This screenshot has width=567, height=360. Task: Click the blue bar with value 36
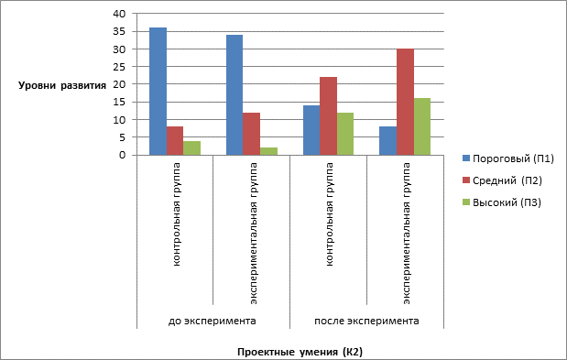[x=158, y=91]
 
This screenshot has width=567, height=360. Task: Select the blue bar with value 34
[x=234, y=94]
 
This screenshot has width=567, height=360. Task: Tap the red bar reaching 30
[x=405, y=102]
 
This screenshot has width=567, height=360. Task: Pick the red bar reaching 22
[x=328, y=116]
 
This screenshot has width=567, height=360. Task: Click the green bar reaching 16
[x=422, y=126]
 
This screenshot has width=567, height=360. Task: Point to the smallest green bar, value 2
[x=268, y=151]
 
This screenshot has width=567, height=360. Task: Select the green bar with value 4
[x=192, y=147]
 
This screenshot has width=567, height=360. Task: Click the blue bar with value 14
[x=311, y=130]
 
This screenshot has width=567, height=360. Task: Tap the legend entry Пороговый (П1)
[x=508, y=158]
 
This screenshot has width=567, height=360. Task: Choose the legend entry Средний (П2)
[x=502, y=180]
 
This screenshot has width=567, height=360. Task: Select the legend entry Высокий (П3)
[x=502, y=202]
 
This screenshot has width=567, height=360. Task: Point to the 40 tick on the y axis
[x=119, y=14]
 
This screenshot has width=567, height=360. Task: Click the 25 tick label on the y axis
[x=119, y=67]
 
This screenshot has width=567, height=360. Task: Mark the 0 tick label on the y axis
[x=123, y=155]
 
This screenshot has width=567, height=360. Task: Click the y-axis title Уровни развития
[x=62, y=86]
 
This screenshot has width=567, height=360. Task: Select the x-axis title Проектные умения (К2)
[x=300, y=352]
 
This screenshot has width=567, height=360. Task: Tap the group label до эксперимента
[x=213, y=321]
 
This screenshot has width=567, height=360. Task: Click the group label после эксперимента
[x=366, y=321]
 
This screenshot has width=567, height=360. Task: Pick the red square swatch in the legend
[x=466, y=180]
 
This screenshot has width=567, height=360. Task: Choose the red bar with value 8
[x=175, y=141]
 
